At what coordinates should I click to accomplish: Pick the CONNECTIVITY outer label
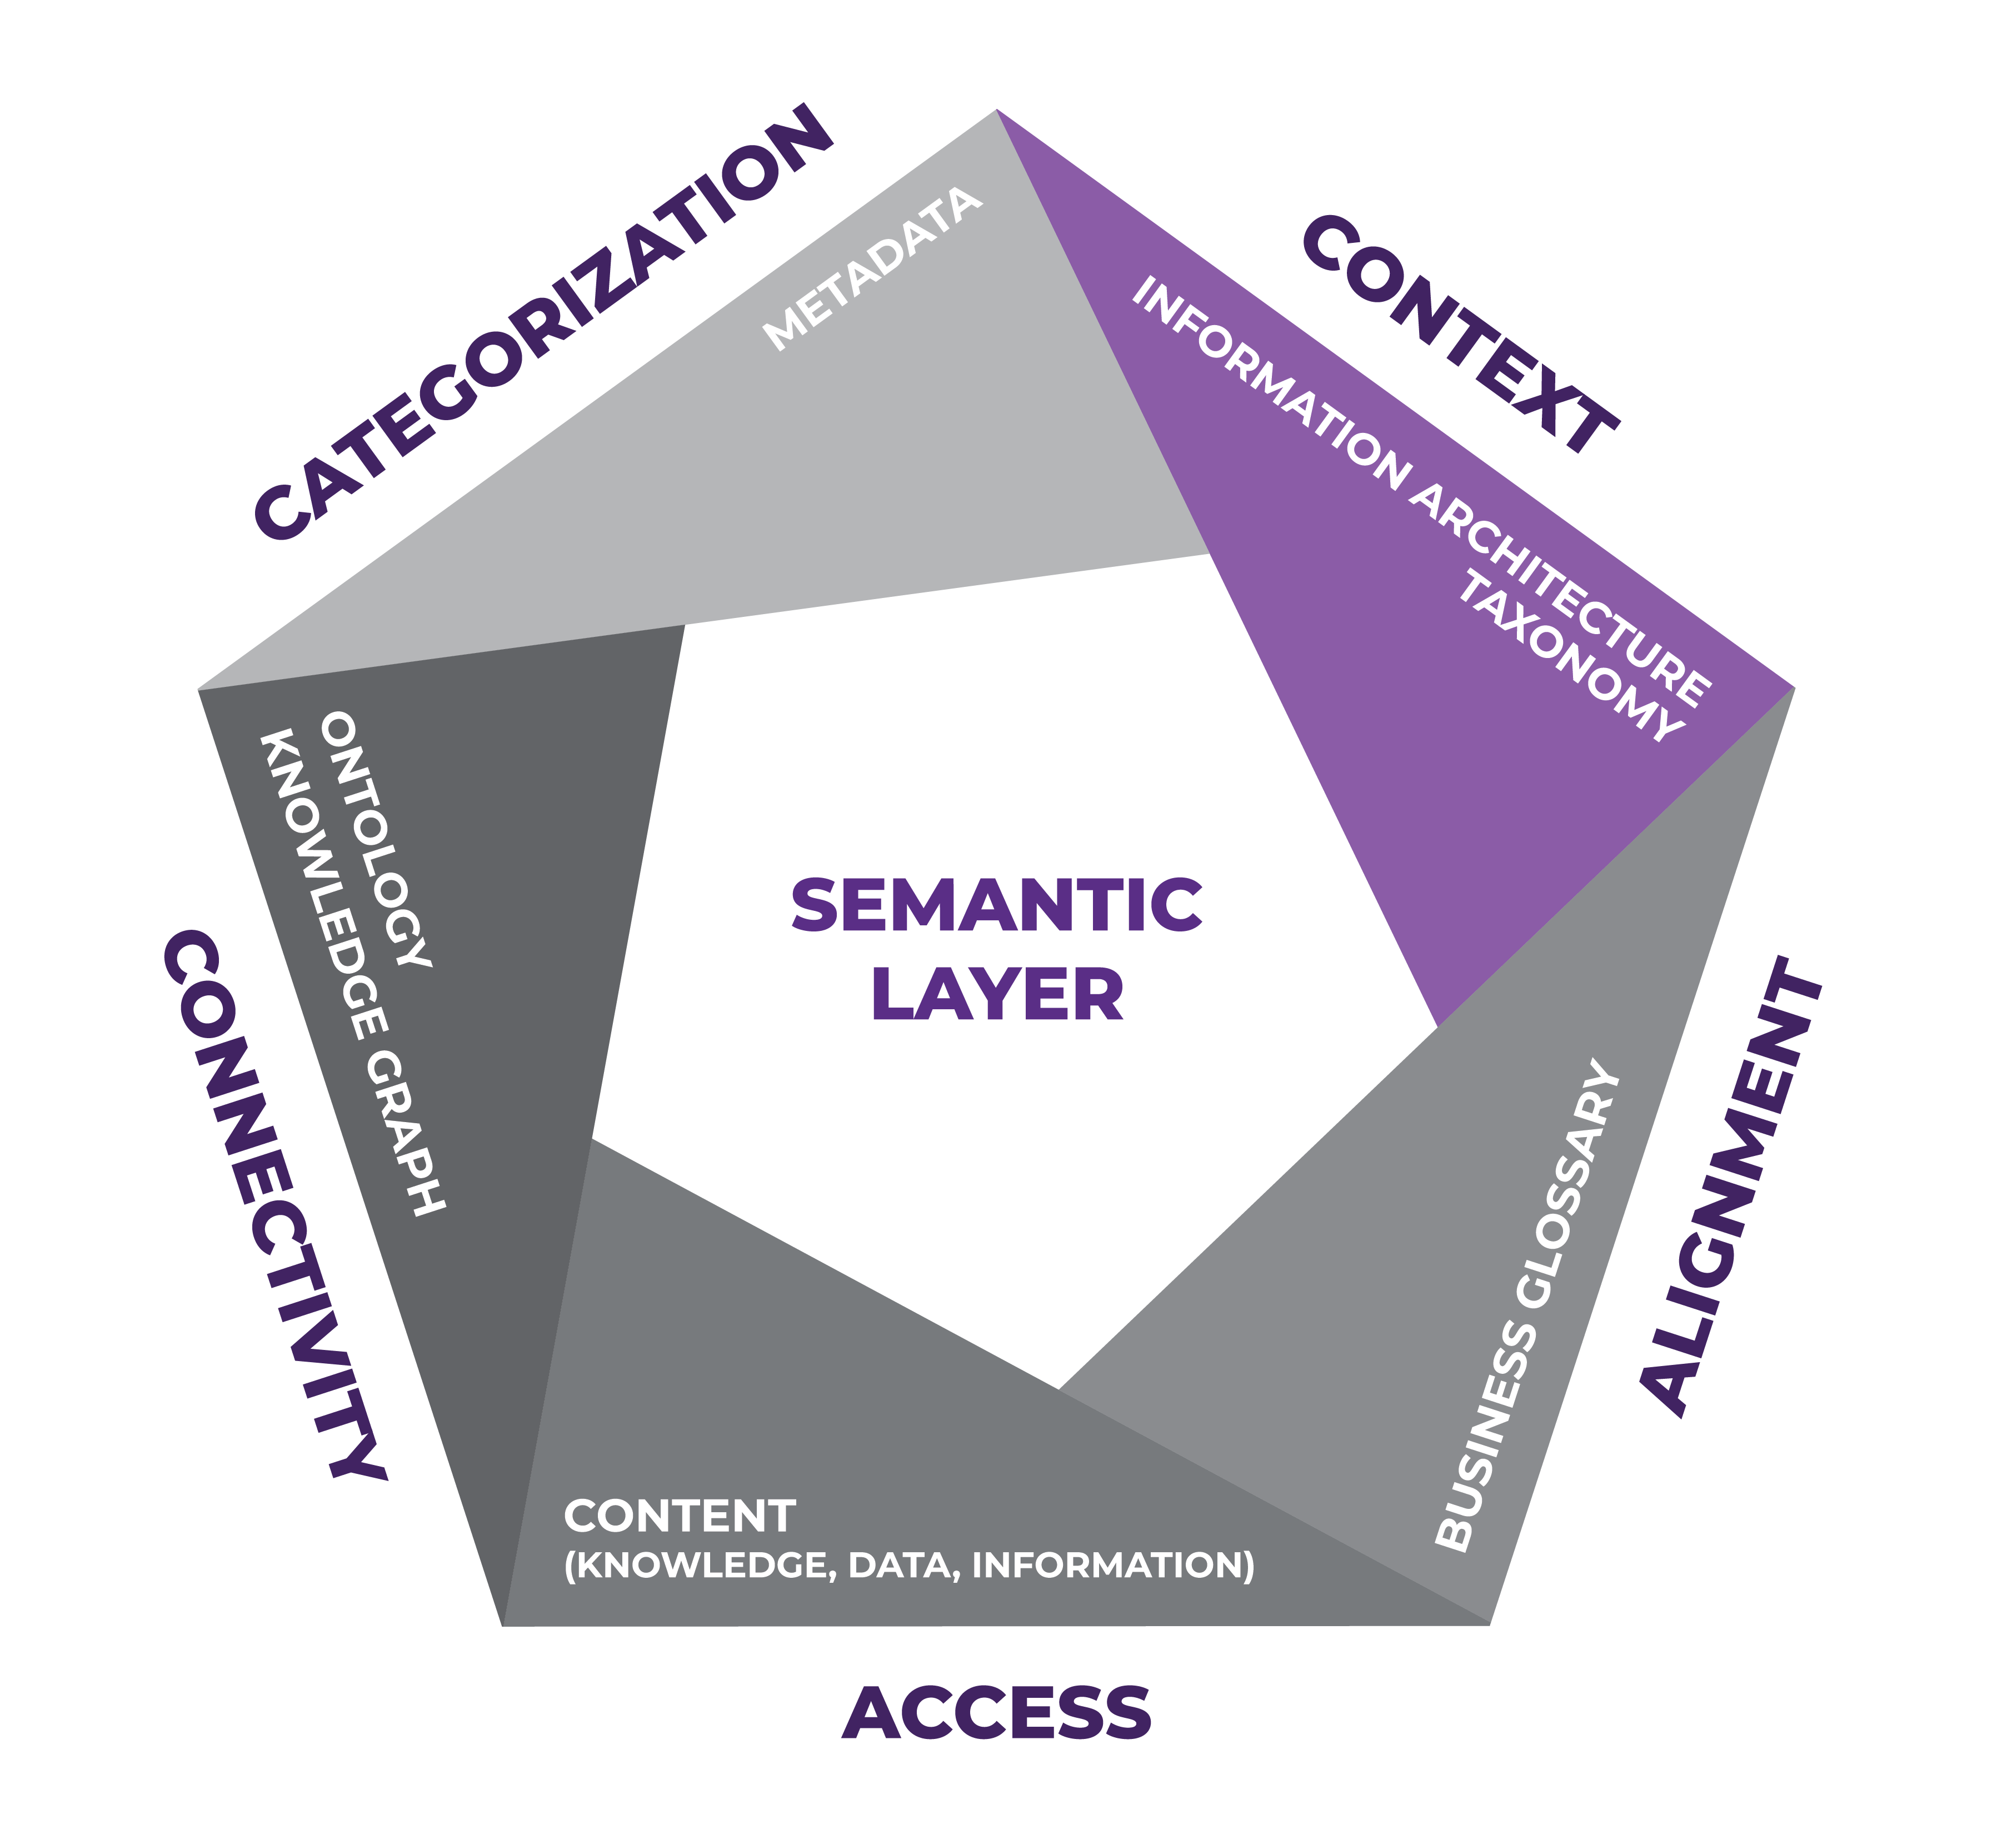274,1205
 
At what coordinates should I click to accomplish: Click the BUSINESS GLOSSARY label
1528,1304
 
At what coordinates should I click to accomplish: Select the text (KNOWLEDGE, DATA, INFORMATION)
909,1565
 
